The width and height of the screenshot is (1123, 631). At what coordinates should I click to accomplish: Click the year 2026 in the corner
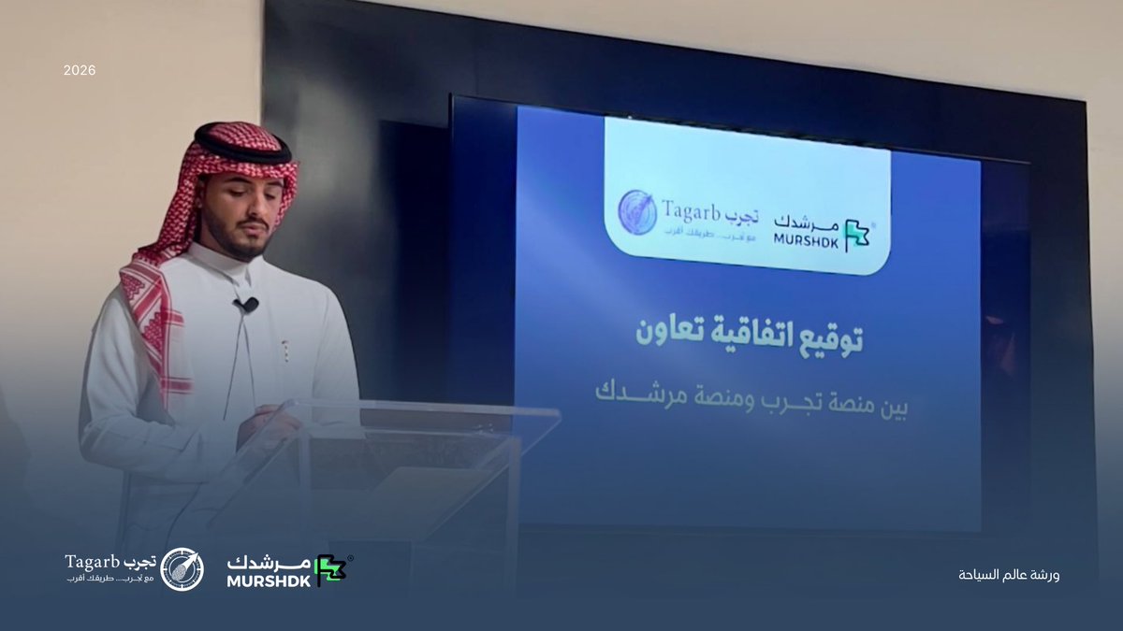(x=80, y=70)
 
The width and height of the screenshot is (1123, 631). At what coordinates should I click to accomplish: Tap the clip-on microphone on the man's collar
(x=248, y=305)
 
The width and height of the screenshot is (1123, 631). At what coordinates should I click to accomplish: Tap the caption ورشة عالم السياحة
(x=1009, y=575)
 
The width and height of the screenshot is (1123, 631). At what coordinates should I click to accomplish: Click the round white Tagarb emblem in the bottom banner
(x=182, y=569)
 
